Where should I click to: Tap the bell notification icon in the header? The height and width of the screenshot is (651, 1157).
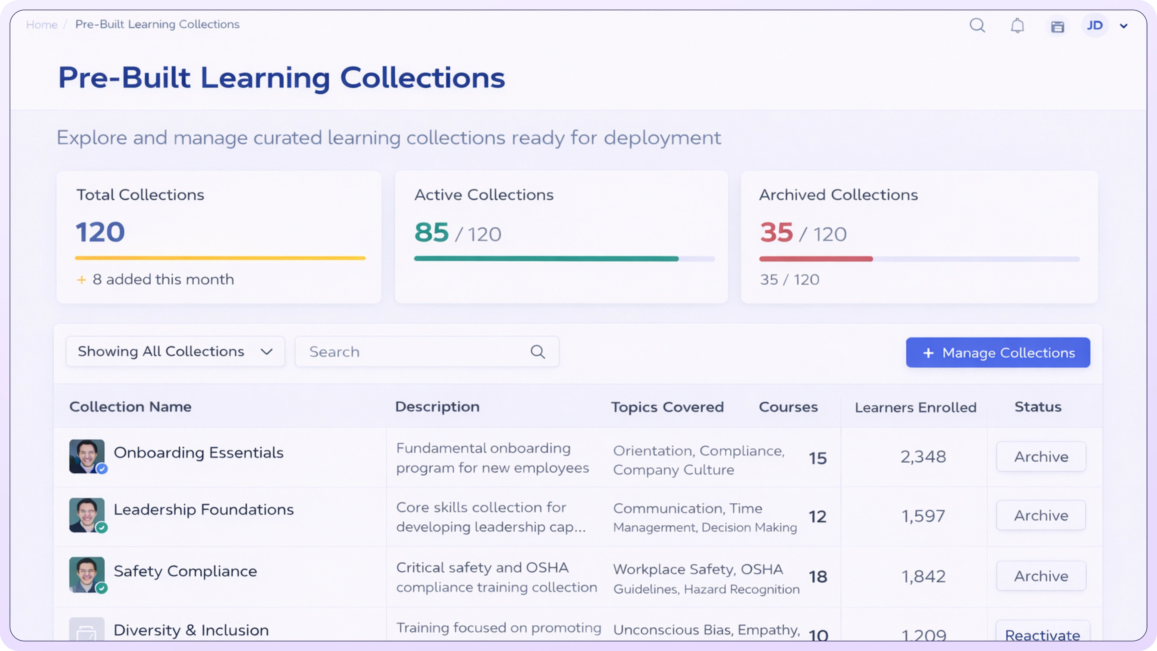click(x=1017, y=26)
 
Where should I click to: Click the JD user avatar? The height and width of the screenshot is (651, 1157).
click(x=1095, y=26)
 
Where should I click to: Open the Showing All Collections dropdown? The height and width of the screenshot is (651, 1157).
click(x=175, y=351)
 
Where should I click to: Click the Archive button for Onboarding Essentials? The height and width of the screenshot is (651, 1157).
click(x=1041, y=457)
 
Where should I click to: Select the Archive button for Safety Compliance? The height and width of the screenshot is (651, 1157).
click(x=1041, y=576)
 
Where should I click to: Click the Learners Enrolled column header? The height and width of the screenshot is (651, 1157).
click(x=915, y=407)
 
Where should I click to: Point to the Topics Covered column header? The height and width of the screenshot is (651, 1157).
click(x=667, y=407)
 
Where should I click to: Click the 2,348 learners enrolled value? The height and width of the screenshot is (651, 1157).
click(x=923, y=457)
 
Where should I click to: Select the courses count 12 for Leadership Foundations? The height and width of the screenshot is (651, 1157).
click(x=817, y=517)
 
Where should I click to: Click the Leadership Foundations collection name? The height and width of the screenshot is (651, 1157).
click(x=203, y=509)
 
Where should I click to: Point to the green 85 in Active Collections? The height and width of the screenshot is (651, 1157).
click(x=431, y=232)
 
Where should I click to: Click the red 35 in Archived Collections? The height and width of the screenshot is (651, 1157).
click(x=776, y=232)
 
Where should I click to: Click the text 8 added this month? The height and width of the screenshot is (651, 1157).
click(x=163, y=279)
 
